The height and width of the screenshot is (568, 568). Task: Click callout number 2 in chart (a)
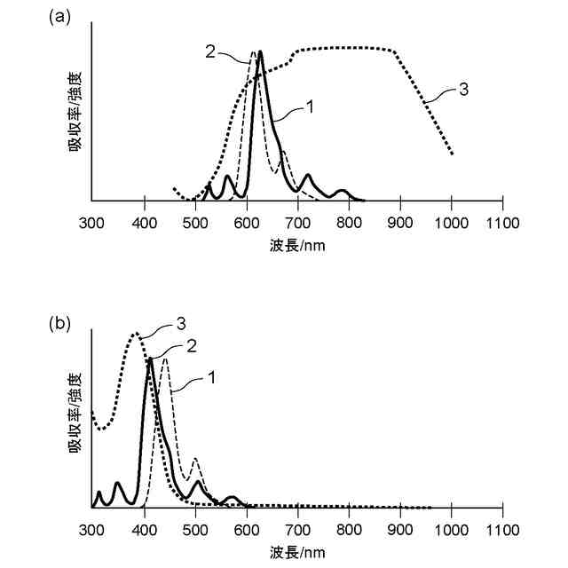click(x=210, y=51)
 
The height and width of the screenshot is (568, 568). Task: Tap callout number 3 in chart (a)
click(x=464, y=89)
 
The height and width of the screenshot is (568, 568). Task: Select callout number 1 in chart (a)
click(x=311, y=106)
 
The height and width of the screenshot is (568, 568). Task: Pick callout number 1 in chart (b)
click(x=211, y=376)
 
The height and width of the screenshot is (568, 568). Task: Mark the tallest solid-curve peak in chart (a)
click(x=260, y=52)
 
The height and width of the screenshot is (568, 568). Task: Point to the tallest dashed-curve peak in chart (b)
click(x=164, y=359)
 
